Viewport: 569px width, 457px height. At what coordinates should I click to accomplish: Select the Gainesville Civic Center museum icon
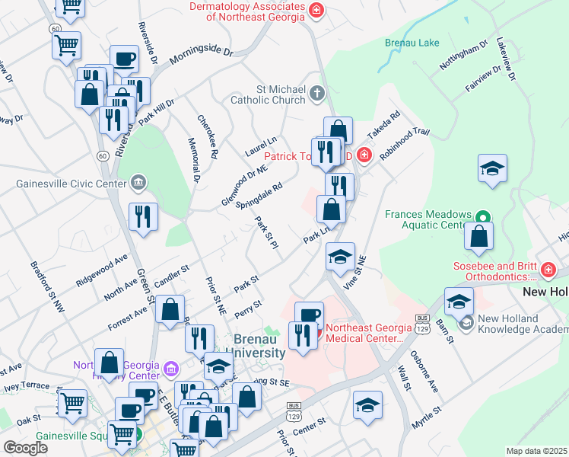click(x=138, y=182)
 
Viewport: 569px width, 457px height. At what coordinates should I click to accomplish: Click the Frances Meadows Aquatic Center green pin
click(x=481, y=217)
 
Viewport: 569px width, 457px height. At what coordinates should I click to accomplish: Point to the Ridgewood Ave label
click(x=100, y=270)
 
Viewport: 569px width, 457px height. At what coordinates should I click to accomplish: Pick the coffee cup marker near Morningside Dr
click(x=124, y=59)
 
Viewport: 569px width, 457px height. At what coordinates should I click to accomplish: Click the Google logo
click(x=25, y=448)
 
